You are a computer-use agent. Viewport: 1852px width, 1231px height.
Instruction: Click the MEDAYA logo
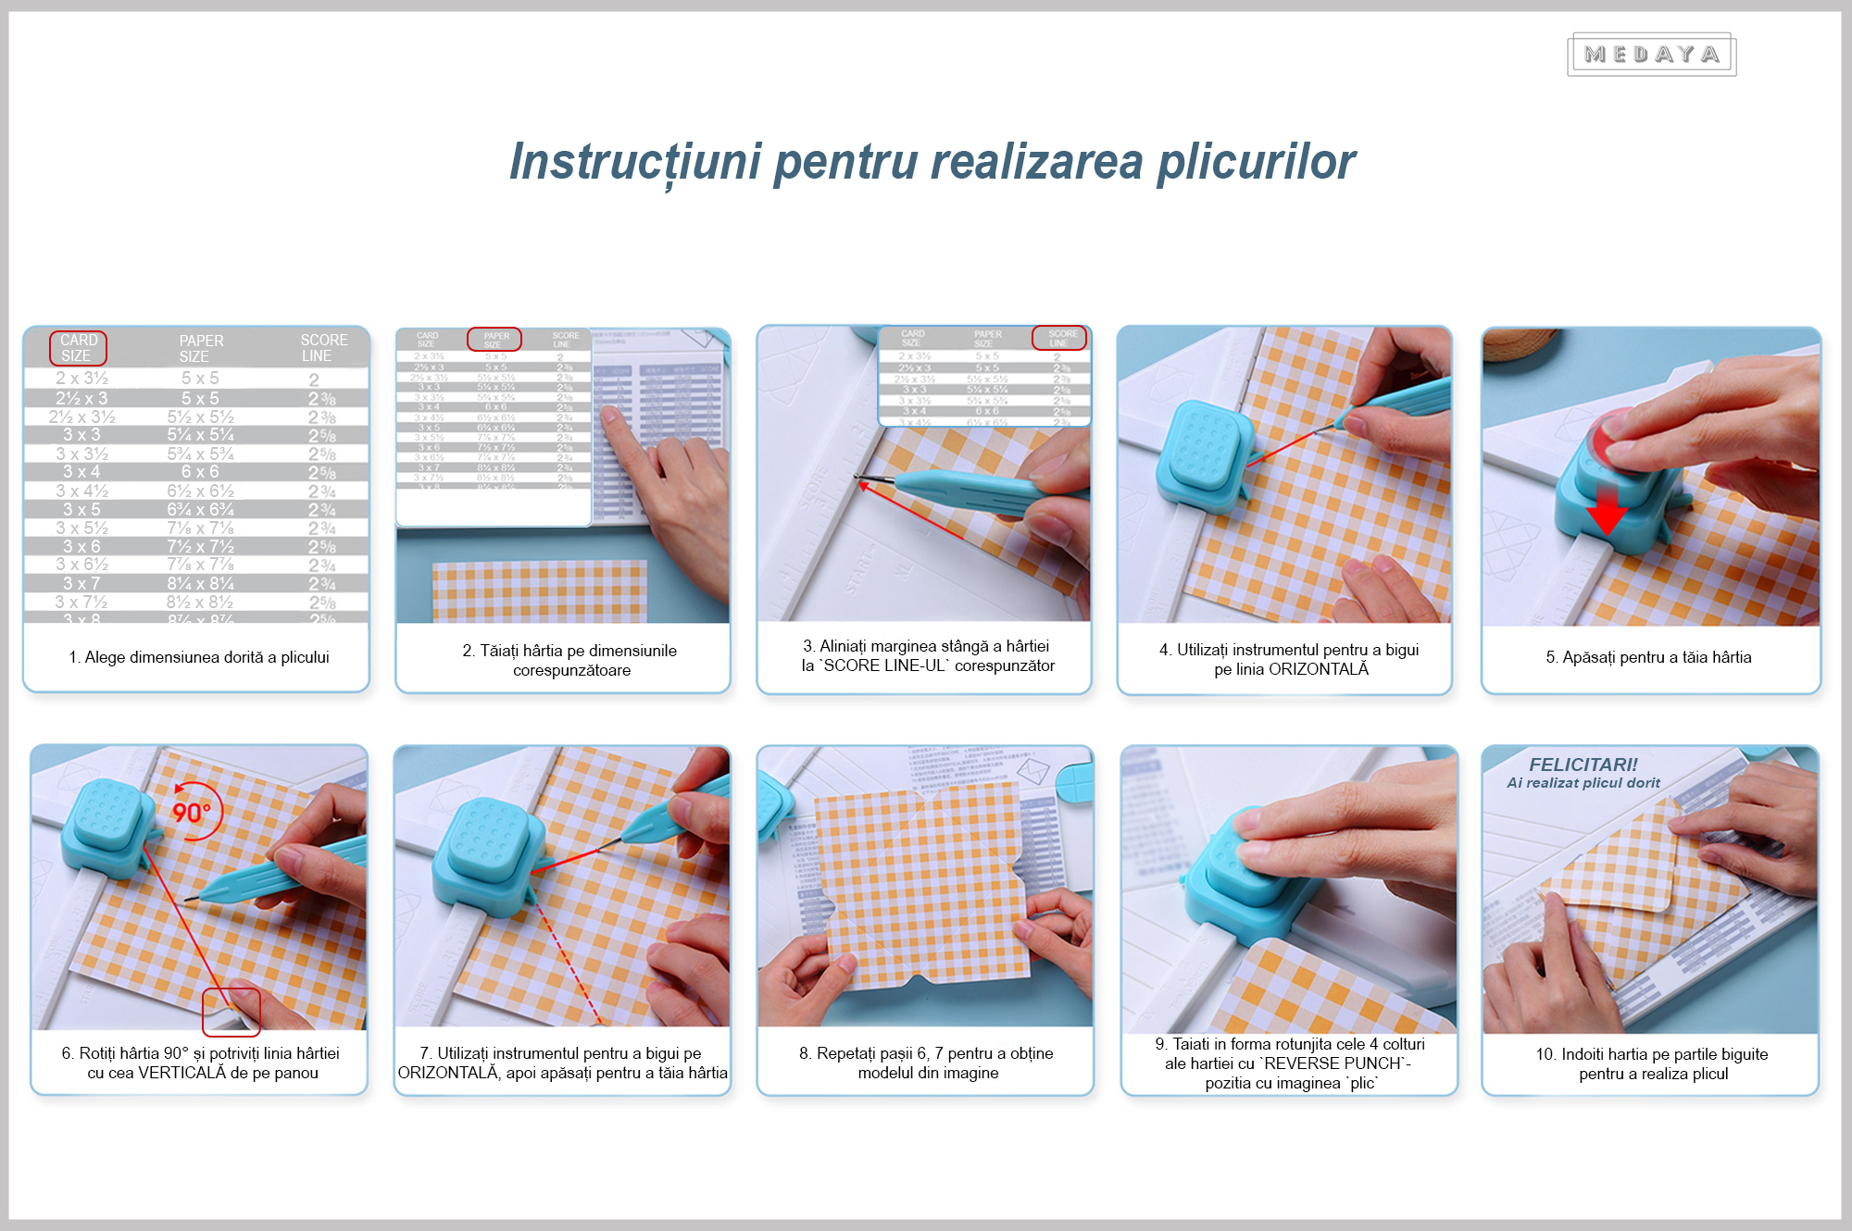click(x=1651, y=56)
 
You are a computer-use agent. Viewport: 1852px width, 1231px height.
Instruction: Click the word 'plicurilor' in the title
click(x=1256, y=163)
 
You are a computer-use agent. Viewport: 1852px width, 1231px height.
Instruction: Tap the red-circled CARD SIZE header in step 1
click(x=78, y=348)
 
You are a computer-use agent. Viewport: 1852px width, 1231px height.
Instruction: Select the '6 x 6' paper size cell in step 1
click(x=200, y=472)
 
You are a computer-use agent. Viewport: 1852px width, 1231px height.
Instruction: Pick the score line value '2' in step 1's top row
click(x=314, y=379)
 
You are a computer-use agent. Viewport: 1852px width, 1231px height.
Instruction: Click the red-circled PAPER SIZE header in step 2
click(x=494, y=340)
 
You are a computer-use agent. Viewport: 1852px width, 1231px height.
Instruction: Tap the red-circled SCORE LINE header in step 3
click(x=1059, y=338)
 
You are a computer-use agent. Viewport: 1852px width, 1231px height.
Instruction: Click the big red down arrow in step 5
click(x=1608, y=511)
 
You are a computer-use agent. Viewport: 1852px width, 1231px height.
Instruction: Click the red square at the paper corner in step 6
click(x=231, y=1012)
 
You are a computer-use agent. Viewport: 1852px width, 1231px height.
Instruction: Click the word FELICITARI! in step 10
click(x=1583, y=765)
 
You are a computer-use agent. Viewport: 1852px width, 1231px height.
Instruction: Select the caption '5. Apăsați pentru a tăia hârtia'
click(x=1648, y=657)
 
